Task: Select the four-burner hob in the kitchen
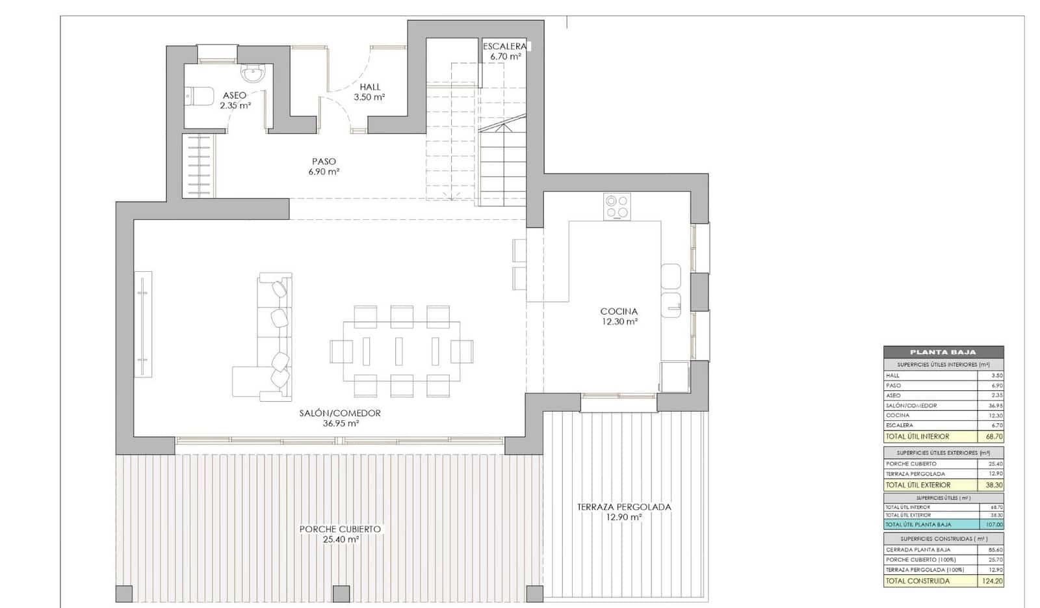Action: click(617, 206)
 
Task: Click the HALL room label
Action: click(370, 86)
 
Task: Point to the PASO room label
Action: click(324, 161)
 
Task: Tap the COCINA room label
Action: click(619, 311)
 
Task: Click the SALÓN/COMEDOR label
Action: click(340, 413)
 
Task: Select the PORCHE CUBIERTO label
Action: click(340, 529)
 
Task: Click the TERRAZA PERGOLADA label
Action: click(624, 507)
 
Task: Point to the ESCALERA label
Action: click(504, 46)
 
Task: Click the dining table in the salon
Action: click(401, 351)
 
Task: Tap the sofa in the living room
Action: click(273, 338)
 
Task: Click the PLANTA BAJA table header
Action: click(942, 352)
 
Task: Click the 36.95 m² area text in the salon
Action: click(341, 423)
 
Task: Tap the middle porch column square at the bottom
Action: click(341, 594)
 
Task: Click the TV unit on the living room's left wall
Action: click(143, 324)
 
